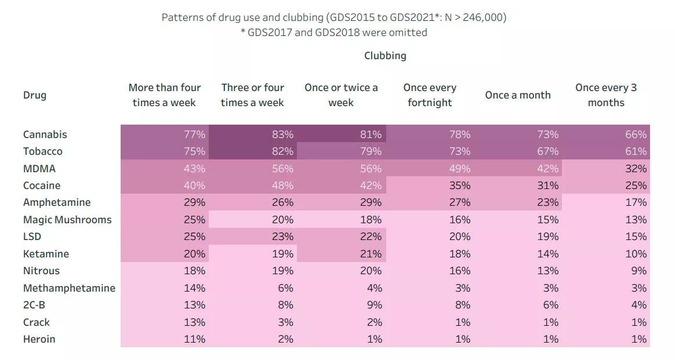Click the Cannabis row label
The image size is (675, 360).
click(45, 134)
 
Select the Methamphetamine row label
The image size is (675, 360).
click(69, 288)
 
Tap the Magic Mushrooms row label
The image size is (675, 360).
click(67, 220)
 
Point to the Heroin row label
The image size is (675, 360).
click(39, 339)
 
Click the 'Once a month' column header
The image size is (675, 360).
click(518, 95)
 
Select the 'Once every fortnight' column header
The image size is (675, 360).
click(430, 95)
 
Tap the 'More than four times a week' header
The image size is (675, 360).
click(165, 95)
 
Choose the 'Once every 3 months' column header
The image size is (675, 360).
click(606, 95)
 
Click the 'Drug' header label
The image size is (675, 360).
click(35, 95)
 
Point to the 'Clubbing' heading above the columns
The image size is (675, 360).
click(385, 56)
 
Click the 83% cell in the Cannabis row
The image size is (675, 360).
click(282, 134)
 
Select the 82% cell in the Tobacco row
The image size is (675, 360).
click(282, 151)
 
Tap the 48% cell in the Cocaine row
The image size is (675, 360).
click(282, 186)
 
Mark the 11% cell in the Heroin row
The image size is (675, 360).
click(194, 339)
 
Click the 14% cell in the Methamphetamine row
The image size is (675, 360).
click(194, 288)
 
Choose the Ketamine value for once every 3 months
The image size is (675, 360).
click(636, 254)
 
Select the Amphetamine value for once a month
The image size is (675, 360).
click(547, 202)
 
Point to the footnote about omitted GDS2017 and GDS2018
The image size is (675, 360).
click(334, 32)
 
